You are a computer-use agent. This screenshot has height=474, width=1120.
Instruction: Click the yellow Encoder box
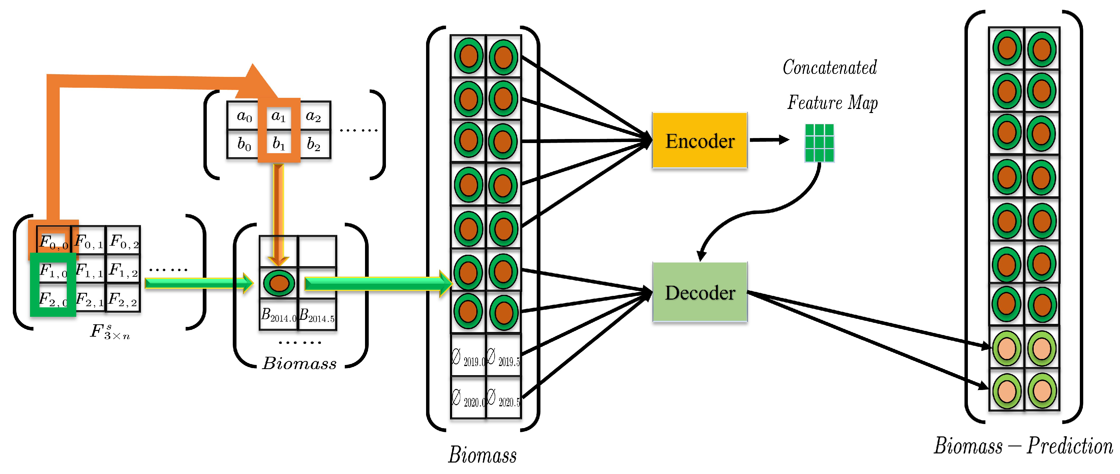pyautogui.click(x=699, y=140)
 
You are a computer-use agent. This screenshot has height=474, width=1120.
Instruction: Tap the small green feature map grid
pyautogui.click(x=819, y=143)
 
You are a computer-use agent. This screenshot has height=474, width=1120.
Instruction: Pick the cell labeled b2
pyautogui.click(x=314, y=144)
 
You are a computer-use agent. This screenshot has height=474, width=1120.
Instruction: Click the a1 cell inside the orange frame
pyautogui.click(x=279, y=116)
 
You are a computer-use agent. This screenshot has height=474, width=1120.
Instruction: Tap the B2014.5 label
pyautogui.click(x=317, y=315)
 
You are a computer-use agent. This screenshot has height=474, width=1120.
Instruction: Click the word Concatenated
pyautogui.click(x=830, y=67)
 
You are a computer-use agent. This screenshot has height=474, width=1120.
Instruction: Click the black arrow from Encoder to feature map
pyautogui.click(x=769, y=140)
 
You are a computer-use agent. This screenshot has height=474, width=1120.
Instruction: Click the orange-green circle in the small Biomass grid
pyautogui.click(x=279, y=283)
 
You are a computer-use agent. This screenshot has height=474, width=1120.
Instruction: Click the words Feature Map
pyautogui.click(x=832, y=103)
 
